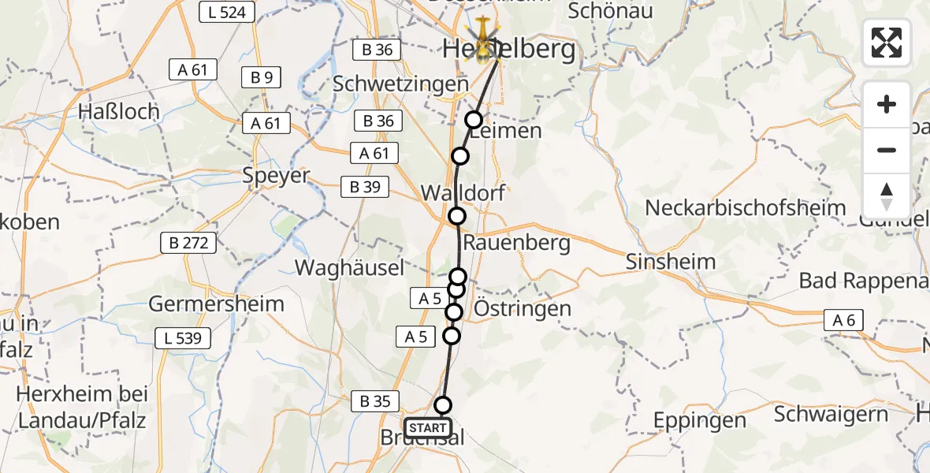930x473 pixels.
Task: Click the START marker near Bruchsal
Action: pyautogui.click(x=428, y=428)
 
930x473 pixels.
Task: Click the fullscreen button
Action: pyautogui.click(x=887, y=43)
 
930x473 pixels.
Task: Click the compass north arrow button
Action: pyautogui.click(x=887, y=196)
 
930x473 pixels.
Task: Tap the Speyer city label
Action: pyautogui.click(x=276, y=175)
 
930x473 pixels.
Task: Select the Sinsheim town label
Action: pyautogui.click(x=671, y=262)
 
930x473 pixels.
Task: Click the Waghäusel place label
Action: pyautogui.click(x=350, y=267)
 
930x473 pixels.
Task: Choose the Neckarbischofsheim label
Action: pyautogui.click(x=745, y=208)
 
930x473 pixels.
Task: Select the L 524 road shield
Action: pyautogui.click(x=226, y=12)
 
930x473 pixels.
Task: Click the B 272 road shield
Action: pyautogui.click(x=189, y=243)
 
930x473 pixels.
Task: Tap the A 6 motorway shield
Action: pyautogui.click(x=845, y=319)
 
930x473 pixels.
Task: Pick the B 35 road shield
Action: pyautogui.click(x=375, y=400)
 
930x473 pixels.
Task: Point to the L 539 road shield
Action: pyautogui.click(x=184, y=339)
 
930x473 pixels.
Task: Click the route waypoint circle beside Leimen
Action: pyautogui.click(x=474, y=120)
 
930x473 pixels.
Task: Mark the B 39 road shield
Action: pyautogui.click(x=366, y=187)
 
